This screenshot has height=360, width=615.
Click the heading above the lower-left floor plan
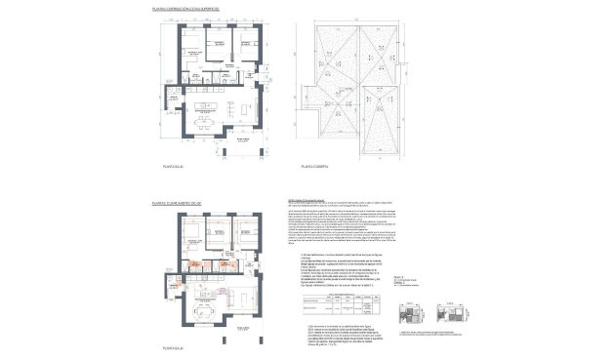click(176, 202)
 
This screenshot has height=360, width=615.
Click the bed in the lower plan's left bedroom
click(193, 235)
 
